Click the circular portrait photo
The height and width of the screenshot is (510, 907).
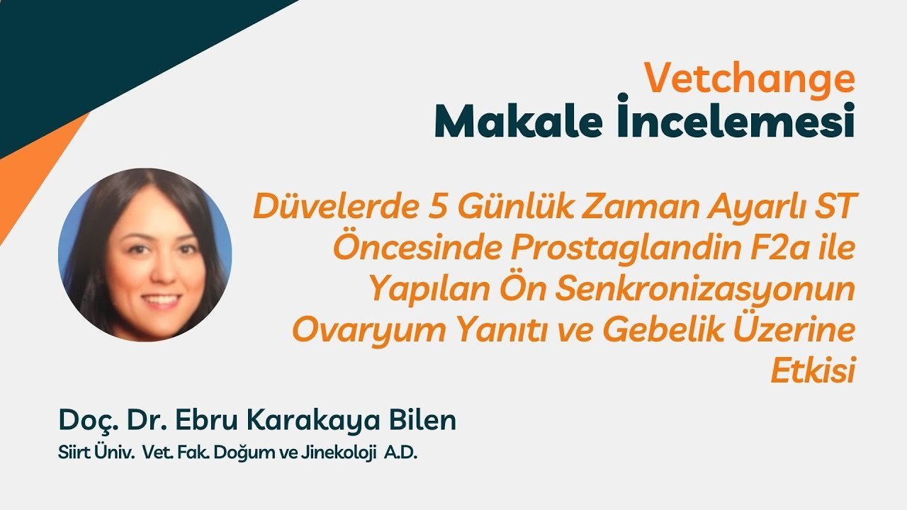[x=145, y=255]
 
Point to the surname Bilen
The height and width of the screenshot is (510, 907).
[x=425, y=420]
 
